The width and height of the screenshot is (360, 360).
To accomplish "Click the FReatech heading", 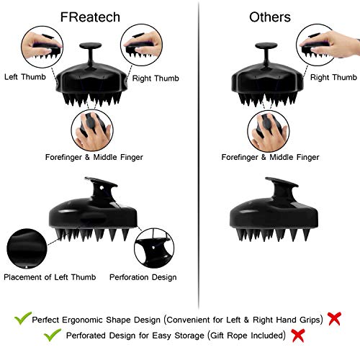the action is pos(90,17).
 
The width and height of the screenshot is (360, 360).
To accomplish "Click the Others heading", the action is pos(270,17).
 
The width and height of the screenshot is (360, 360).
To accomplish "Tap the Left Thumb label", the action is pos(25,77).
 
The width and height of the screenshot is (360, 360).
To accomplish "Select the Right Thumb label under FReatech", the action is pos(156,78).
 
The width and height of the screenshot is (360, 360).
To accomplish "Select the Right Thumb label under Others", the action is pos(333,77).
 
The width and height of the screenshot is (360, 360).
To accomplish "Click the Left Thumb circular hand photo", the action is pos(42,47).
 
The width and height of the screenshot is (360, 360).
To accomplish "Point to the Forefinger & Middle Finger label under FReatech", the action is pos(94,157).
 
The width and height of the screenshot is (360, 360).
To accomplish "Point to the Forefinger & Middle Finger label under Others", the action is pos(270,157).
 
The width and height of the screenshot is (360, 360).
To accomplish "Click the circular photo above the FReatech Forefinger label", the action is pos(92,130).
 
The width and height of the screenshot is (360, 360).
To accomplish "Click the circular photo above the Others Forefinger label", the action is pos(269,131).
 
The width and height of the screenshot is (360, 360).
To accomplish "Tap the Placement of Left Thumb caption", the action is pos(50,277).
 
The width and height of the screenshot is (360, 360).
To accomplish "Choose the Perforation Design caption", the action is pos(143,277).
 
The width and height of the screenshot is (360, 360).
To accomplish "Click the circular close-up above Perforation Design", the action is pos(154,248).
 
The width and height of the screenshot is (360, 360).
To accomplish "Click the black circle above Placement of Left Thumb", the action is pos(27,248).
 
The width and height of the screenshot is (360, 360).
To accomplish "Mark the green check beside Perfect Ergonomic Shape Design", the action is pos(23,318).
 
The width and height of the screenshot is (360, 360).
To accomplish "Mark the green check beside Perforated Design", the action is pos(53,335).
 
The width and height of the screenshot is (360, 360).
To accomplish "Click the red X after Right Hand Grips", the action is pos(334,319).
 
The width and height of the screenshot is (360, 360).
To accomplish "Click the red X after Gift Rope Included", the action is pos(298,336).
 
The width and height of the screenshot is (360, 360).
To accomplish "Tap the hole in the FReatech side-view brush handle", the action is pos(102,187).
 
